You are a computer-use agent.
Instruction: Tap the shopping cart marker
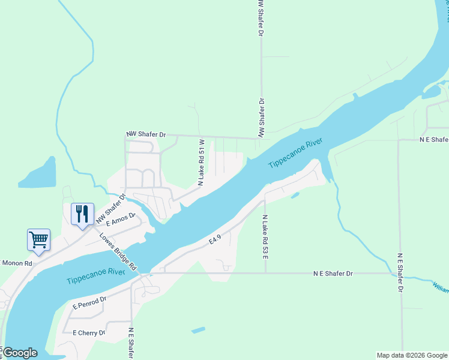tap(38, 239)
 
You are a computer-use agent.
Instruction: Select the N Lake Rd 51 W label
tap(202, 163)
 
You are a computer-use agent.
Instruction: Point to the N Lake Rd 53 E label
tap(265, 236)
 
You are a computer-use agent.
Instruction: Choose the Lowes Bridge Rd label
tap(118, 251)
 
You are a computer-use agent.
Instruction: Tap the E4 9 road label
tap(215, 239)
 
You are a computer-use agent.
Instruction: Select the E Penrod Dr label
tap(89, 302)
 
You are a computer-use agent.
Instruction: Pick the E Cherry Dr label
tap(88, 332)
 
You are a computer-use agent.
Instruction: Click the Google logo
tap(20, 353)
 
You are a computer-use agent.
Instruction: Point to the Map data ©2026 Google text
tap(412, 355)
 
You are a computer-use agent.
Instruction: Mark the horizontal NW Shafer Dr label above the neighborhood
tap(145, 134)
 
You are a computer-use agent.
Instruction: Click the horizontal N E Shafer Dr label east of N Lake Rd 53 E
tap(333, 273)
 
